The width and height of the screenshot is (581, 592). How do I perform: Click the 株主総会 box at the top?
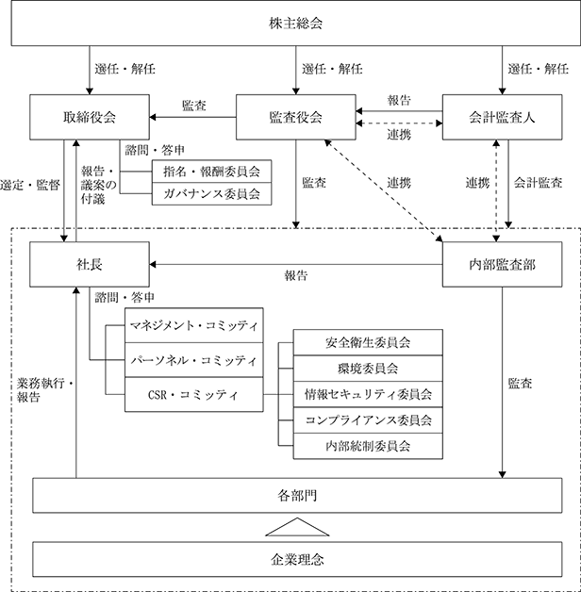[x=296, y=23]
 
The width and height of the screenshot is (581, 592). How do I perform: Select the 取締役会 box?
[x=90, y=117]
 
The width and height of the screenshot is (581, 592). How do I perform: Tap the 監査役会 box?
[x=296, y=117]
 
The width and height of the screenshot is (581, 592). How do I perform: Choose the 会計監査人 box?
[x=502, y=117]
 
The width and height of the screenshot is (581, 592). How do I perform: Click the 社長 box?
[x=90, y=264]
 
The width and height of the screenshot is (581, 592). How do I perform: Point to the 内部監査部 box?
[x=502, y=264]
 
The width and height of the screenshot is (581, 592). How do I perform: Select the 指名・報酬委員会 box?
[x=211, y=172]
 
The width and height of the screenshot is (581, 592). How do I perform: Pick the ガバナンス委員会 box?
[x=211, y=194]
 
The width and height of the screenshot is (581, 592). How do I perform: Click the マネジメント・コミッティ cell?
[x=194, y=325]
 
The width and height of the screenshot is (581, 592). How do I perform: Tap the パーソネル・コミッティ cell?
[x=194, y=360]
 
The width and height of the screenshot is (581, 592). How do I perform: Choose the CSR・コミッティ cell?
[x=194, y=395]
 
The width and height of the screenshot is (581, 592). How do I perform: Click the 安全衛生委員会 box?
[x=368, y=342]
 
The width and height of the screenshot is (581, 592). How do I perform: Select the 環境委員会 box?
[x=368, y=368]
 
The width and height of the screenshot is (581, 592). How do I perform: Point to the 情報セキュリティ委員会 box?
[x=368, y=394]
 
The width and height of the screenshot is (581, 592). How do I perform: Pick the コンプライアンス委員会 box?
[x=368, y=420]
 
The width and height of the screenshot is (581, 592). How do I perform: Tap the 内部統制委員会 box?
[x=368, y=446]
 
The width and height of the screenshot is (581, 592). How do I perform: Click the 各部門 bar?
[x=297, y=495]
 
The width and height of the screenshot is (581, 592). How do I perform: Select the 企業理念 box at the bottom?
[x=297, y=559]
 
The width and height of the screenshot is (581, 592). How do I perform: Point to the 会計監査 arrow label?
[x=538, y=183]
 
